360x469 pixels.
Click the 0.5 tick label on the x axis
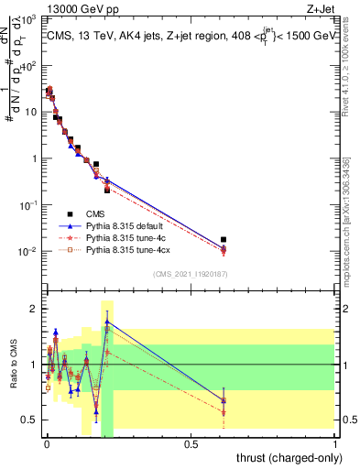click(x=191, y=445)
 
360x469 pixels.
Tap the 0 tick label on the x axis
click(x=46, y=445)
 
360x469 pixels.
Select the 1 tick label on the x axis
click(x=335, y=445)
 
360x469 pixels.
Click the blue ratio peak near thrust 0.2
click(x=106, y=322)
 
